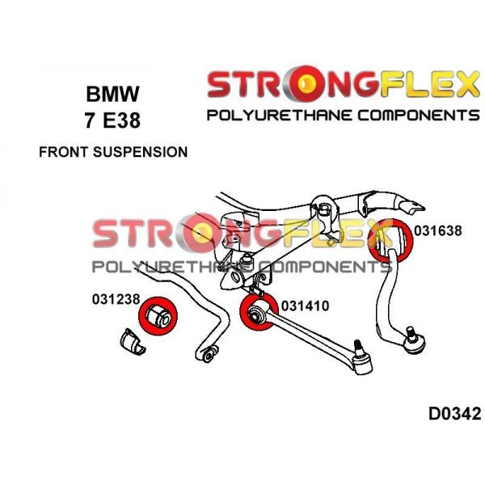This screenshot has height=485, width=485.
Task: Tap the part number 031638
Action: point(437,230)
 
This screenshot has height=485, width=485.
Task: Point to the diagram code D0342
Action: point(454,415)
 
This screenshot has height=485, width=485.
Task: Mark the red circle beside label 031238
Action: point(158,315)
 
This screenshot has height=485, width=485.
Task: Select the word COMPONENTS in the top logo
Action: point(415,115)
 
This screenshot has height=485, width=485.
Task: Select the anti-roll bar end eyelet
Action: point(209,353)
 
